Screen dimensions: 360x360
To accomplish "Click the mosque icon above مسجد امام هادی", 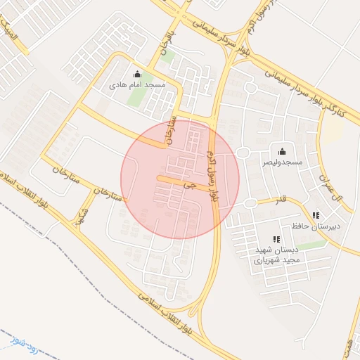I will tap(137, 74).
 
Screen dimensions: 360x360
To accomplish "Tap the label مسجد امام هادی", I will tap(137, 84).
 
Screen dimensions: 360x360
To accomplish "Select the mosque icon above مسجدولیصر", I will tap(282, 150).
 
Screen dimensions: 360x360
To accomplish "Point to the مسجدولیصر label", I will tap(283, 162).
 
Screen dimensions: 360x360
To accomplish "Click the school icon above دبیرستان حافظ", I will tap(316, 215).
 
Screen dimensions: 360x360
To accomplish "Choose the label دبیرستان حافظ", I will tap(316, 226).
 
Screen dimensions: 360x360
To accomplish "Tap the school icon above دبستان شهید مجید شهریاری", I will tap(275, 239).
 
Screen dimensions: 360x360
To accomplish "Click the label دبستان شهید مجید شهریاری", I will tap(277, 255).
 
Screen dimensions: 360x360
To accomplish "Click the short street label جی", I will tap(186, 185).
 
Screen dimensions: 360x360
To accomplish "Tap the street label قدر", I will tap(281, 200).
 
